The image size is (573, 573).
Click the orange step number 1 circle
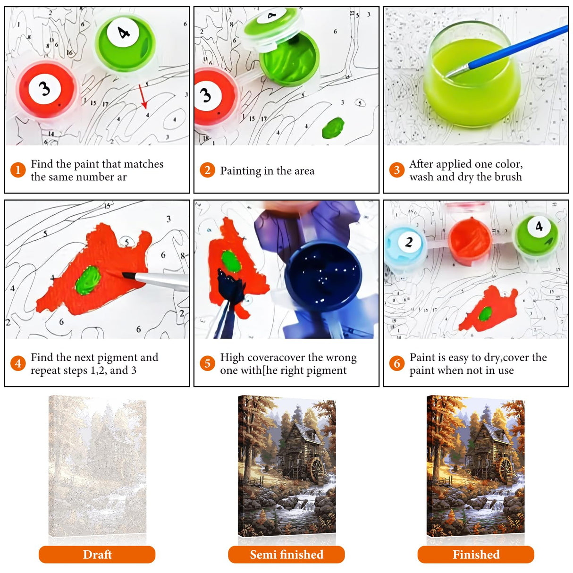coord(18,170)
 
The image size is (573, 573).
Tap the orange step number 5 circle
coord(207,363)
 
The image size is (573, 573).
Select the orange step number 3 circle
coord(396,170)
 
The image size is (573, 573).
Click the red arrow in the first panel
coord(143,97)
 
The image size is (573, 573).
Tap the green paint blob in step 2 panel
coord(333,127)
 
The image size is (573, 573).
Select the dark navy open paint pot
coord(323,276)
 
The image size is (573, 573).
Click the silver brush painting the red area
coord(156,281)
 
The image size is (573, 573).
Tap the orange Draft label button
coord(97,555)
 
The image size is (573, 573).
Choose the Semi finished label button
coord(286,555)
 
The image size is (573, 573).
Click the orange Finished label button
coord(476,555)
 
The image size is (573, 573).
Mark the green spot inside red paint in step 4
coord(88,280)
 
